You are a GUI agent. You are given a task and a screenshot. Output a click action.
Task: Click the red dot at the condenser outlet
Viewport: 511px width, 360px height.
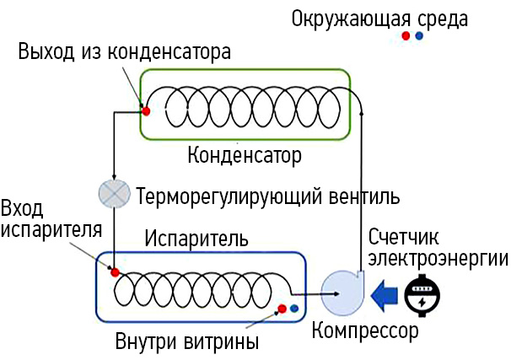146,110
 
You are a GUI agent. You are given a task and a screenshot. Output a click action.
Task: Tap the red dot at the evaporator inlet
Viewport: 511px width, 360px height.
115,272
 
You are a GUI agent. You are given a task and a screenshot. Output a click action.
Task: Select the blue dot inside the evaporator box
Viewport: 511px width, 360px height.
293,309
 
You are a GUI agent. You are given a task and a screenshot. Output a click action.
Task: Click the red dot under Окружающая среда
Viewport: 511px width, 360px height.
406,36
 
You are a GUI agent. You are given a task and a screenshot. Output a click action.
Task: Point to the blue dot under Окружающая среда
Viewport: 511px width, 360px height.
419,36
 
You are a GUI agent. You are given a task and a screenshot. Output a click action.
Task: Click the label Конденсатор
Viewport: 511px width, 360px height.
244,156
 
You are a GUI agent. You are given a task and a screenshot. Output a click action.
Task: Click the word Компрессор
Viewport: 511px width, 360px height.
364,330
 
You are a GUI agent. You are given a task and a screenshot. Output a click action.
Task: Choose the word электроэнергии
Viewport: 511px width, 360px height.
437,257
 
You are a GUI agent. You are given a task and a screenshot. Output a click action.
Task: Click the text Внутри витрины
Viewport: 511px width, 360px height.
186,342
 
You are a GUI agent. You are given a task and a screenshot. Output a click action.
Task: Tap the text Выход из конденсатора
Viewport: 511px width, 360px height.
124,52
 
